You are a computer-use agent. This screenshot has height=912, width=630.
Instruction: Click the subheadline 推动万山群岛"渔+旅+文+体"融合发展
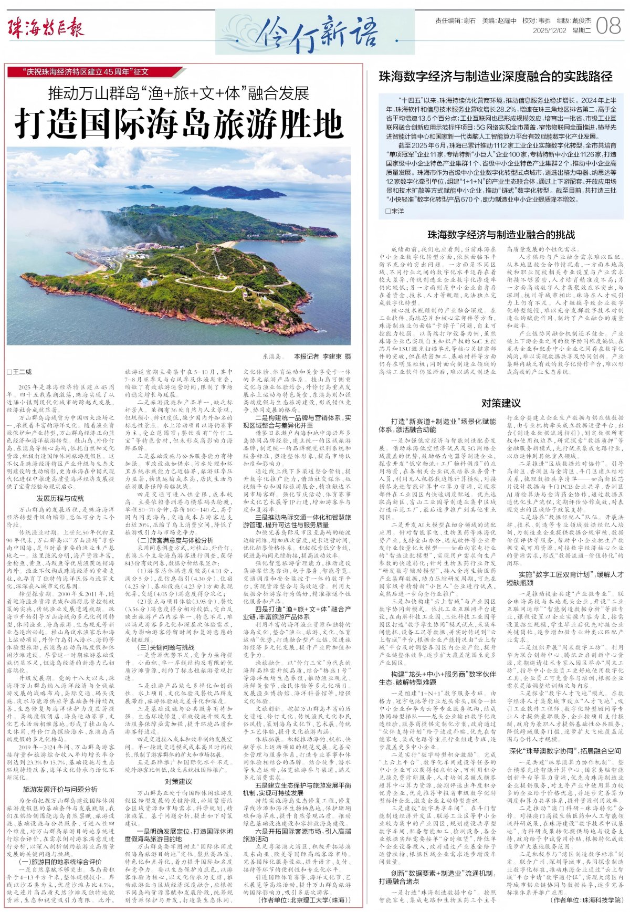178,93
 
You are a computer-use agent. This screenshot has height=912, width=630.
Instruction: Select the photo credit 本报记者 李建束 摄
322,356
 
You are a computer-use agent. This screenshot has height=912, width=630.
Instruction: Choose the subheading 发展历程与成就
60,498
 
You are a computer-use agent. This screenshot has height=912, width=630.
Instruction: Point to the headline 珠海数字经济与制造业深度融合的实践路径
496,77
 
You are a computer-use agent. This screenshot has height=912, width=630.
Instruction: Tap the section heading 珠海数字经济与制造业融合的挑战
501,235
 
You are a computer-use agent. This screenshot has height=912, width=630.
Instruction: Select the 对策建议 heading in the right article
501,403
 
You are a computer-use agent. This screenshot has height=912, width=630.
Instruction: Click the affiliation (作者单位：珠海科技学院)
586,900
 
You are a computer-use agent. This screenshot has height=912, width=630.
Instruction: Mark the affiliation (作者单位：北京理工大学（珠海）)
304,900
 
